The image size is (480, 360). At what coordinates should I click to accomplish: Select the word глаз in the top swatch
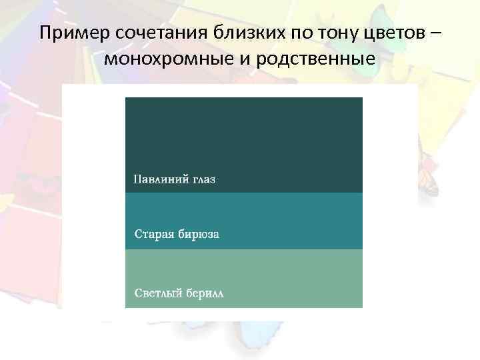coord(201,179)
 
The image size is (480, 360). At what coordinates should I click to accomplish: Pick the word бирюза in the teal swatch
coord(198,235)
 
